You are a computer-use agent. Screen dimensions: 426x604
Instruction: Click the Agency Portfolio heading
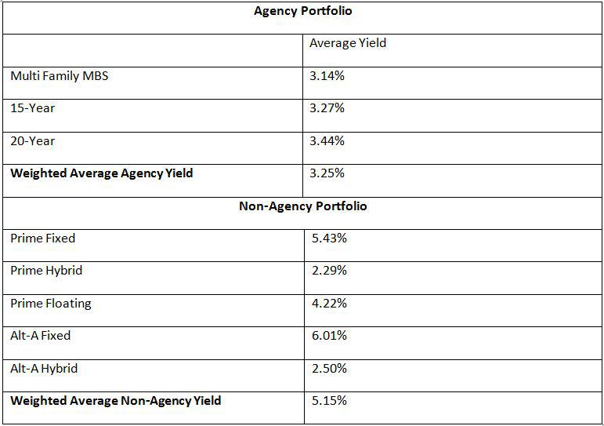(302, 12)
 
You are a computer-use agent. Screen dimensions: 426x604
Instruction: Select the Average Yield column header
(347, 43)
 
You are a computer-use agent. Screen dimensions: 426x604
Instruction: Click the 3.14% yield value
(327, 76)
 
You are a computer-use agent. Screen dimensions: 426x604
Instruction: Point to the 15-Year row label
(32, 108)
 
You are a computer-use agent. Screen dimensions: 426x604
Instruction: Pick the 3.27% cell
(327, 108)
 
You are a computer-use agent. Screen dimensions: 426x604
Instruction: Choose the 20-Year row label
(32, 141)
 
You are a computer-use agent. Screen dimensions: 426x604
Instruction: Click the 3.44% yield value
(327, 141)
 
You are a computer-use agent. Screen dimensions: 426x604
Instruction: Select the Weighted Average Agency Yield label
(101, 173)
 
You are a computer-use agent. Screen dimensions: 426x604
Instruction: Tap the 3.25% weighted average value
(327, 173)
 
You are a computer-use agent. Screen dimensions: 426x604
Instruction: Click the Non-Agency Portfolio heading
(302, 206)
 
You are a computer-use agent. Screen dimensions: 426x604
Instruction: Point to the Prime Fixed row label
(42, 238)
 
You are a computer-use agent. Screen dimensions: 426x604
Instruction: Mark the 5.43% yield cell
(329, 238)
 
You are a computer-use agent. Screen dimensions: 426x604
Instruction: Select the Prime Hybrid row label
(46, 271)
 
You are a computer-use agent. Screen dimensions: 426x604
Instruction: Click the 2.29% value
(329, 271)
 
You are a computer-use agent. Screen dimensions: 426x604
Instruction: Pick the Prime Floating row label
(50, 303)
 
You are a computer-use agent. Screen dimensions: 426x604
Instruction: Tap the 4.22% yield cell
(329, 303)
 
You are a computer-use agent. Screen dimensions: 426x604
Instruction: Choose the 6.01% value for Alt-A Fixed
(329, 336)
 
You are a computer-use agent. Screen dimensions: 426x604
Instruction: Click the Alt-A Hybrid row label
(44, 368)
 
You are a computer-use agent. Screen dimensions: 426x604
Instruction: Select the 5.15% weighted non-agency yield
(329, 401)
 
